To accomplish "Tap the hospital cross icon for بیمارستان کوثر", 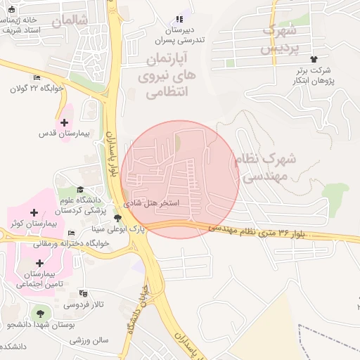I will tap(34, 212).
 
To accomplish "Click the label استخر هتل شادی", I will tap(151, 202).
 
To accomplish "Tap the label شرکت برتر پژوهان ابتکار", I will tap(313, 76).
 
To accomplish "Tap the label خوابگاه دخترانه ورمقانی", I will tap(71, 243).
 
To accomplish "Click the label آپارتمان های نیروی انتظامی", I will tap(168, 74).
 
